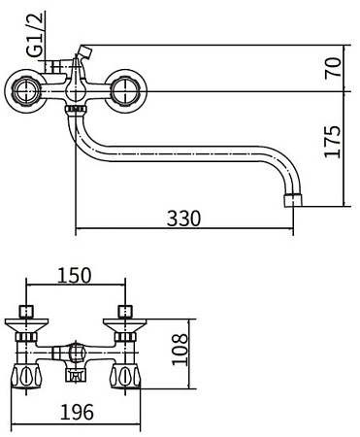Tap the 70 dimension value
pyautogui.click(x=332, y=68)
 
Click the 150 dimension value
pyautogui.click(x=75, y=275)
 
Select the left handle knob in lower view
pyautogui.click(x=25, y=376)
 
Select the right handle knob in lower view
pyautogui.click(x=124, y=376)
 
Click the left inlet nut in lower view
pyautogui.click(x=25, y=313)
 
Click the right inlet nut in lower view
pyautogui.click(x=124, y=313)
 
